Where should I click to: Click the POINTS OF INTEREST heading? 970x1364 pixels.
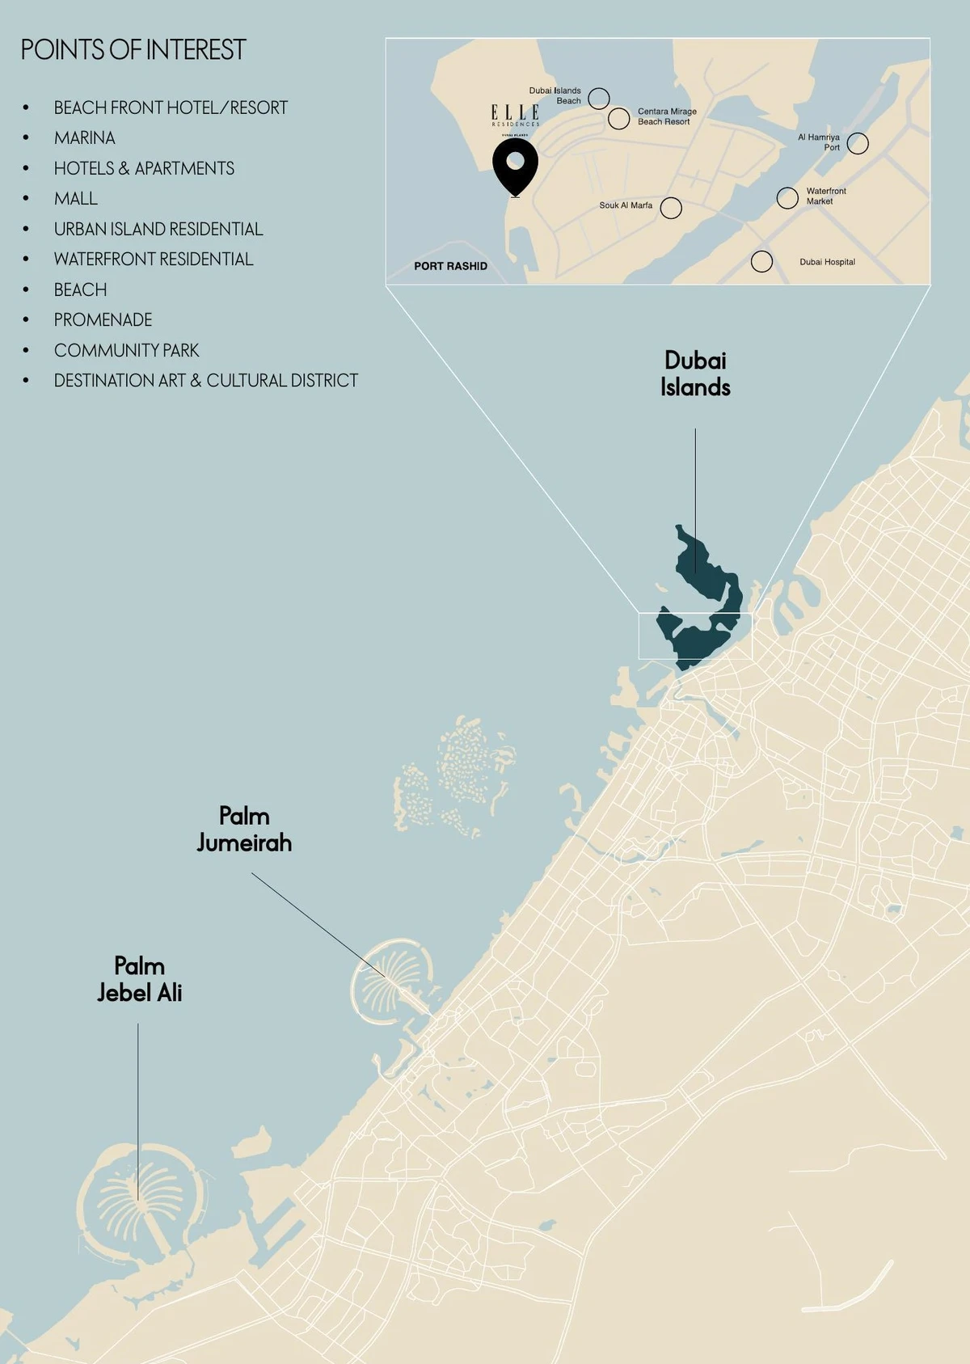133,50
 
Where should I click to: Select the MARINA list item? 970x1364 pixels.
84,138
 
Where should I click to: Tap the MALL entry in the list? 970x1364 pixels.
75,199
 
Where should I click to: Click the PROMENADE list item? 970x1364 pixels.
103,320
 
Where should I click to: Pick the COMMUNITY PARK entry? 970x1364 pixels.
126,351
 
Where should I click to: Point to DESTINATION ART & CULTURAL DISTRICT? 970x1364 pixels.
205,381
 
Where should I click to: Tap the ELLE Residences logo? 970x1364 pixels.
515,116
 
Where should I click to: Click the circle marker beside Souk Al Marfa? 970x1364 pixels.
671,208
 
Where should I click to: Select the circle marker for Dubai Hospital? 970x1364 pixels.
761,261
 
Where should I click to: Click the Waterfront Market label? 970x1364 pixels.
825,196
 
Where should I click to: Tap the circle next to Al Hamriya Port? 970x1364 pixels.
858,144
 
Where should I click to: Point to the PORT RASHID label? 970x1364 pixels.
450,266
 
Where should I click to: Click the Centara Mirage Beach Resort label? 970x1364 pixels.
666,116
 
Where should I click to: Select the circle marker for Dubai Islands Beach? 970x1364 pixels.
598,99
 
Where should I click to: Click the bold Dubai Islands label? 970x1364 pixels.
695,374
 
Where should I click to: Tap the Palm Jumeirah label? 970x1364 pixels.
244,829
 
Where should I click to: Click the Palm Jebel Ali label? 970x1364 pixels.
139,979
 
